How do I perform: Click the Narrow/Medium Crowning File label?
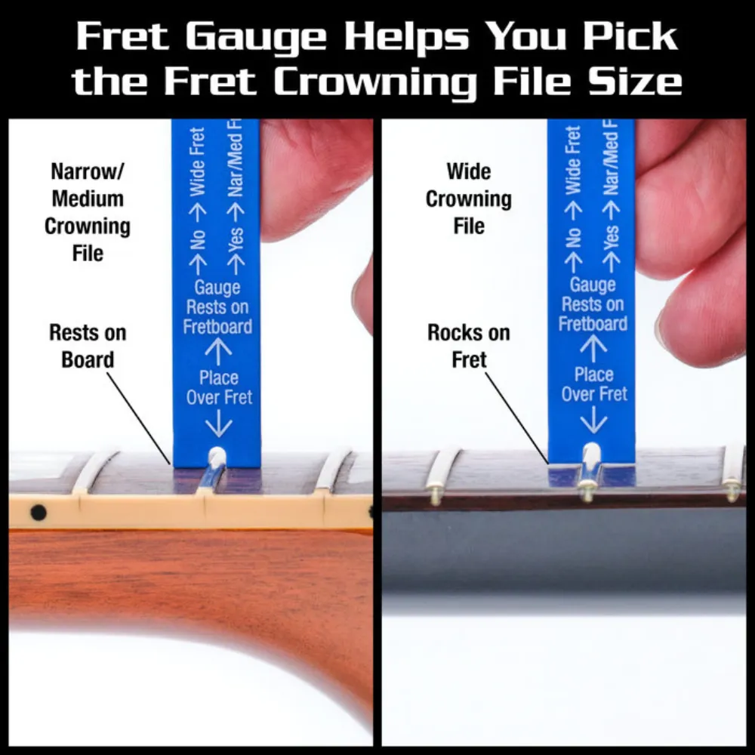(87, 211)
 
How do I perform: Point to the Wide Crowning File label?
(468, 199)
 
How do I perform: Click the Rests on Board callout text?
(87, 346)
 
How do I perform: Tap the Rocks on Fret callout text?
(468, 346)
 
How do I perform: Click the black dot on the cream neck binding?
(38, 513)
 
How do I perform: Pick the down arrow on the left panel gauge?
(219, 424)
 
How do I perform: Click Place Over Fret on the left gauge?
(219, 387)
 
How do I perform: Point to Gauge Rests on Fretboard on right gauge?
(593, 304)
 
